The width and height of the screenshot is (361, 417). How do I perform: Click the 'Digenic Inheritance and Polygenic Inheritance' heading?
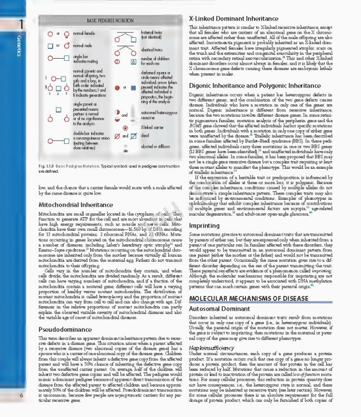[255, 86]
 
